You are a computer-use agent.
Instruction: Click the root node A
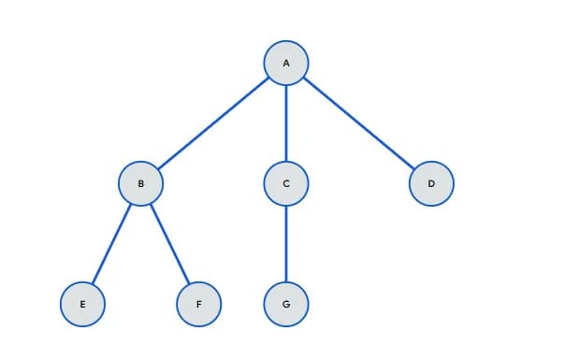pyautogui.click(x=286, y=63)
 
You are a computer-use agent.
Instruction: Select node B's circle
pyautogui.click(x=141, y=183)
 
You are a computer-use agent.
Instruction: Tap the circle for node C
pyautogui.click(x=286, y=183)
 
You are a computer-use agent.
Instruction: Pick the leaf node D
pyautogui.click(x=431, y=183)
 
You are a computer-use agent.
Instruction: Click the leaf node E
pyautogui.click(x=82, y=304)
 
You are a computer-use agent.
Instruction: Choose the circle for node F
pyautogui.click(x=199, y=304)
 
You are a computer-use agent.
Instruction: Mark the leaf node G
pyautogui.click(x=286, y=304)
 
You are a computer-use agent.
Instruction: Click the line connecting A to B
pyautogui.click(x=213, y=123)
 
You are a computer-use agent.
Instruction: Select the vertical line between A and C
pyautogui.click(x=286, y=123)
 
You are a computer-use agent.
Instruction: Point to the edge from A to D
pyautogui.click(x=359, y=123)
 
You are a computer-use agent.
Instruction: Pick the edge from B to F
pyautogui.click(x=170, y=243)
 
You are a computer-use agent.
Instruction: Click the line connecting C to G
pyautogui.click(x=286, y=243)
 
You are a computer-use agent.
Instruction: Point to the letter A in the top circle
pyautogui.click(x=286, y=64)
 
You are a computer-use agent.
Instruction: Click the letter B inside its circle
pyautogui.click(x=141, y=184)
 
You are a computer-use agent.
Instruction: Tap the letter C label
pyautogui.click(x=286, y=184)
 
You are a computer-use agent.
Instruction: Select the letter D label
pyautogui.click(x=431, y=184)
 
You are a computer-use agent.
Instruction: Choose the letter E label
pyautogui.click(x=82, y=305)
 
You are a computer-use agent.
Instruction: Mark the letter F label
pyautogui.click(x=199, y=305)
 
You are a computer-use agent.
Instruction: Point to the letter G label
pyautogui.click(x=286, y=305)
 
